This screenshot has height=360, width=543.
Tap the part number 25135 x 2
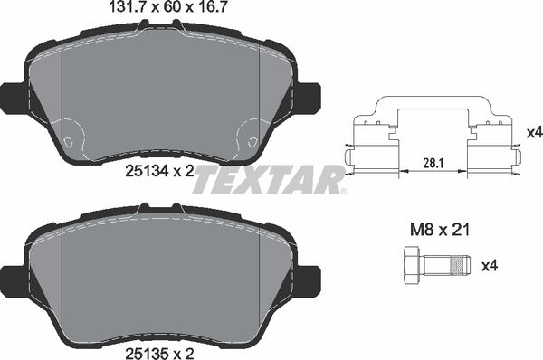(159, 347)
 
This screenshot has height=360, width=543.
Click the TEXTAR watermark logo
(270, 179)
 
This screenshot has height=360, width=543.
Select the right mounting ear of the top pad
(309, 93)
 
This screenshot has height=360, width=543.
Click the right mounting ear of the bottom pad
(309, 276)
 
